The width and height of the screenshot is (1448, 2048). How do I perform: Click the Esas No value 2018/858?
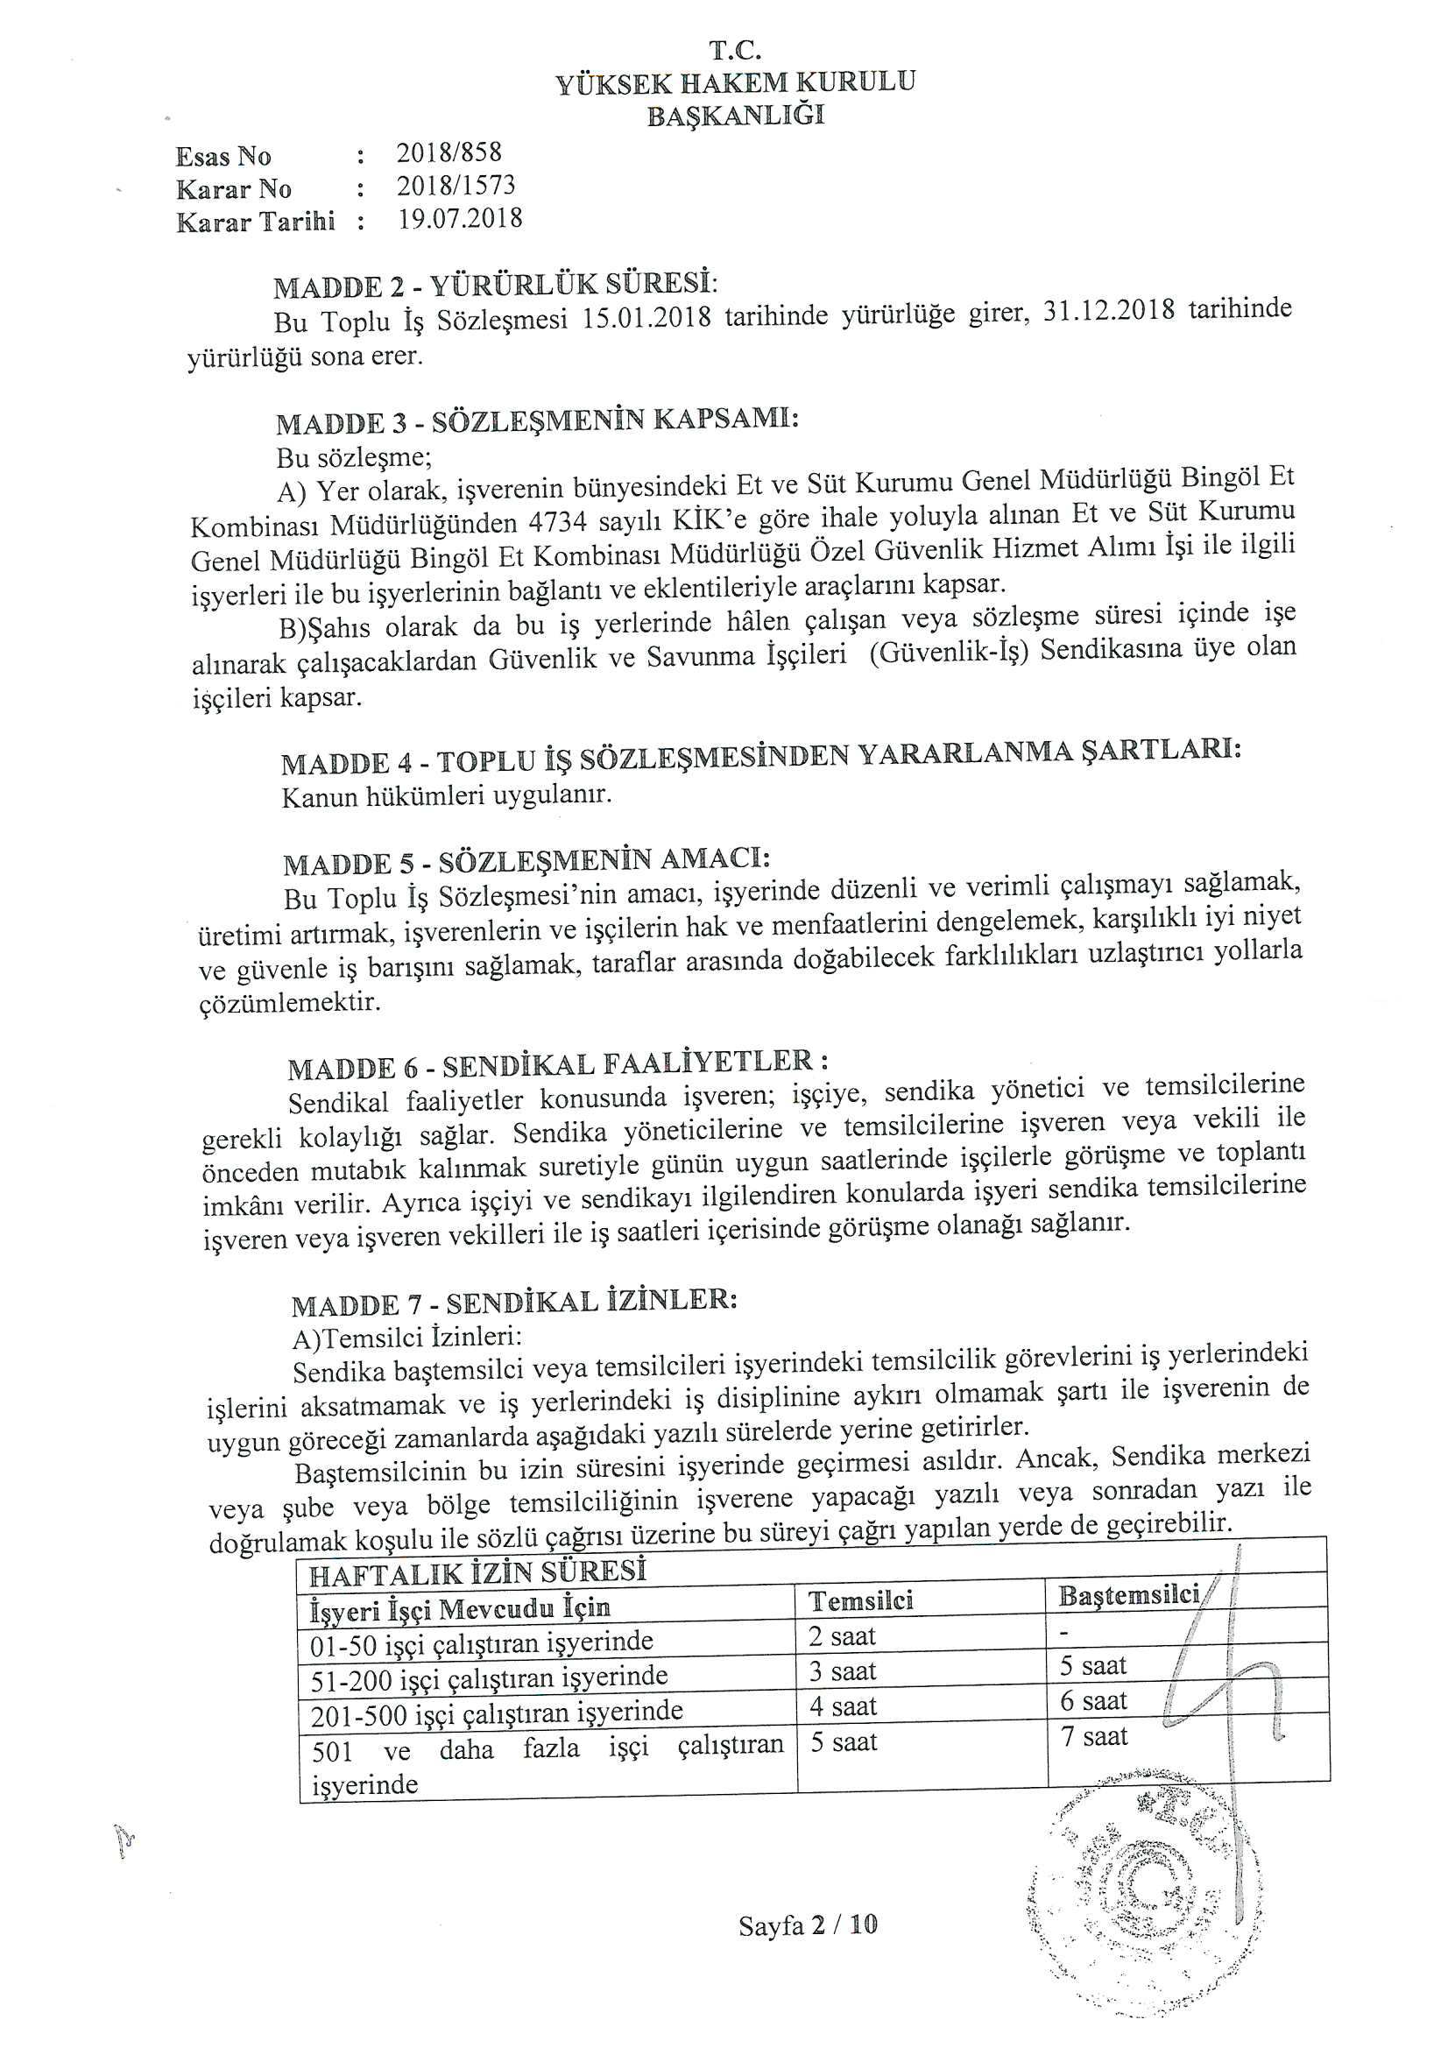[449, 152]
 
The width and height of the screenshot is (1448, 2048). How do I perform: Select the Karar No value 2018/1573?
[456, 186]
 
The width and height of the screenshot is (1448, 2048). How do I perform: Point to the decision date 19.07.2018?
[460, 218]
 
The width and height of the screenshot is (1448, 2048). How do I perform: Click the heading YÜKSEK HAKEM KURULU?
[735, 83]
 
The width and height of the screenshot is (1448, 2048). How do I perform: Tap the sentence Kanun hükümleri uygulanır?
[446, 794]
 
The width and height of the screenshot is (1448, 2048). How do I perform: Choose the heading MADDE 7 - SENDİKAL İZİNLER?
[513, 1303]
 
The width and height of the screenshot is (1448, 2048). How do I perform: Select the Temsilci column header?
[860, 1600]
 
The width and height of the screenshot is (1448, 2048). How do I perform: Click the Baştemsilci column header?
[1128, 1595]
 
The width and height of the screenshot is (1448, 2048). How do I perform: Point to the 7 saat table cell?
[1094, 1736]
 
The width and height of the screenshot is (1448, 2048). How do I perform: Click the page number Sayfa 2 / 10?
[808, 1924]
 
